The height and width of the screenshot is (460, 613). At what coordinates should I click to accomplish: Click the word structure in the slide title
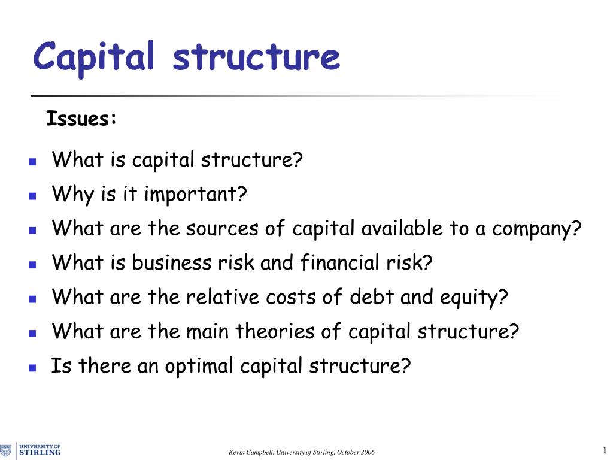click(x=256, y=57)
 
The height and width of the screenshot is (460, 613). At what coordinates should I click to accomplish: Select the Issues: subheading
click(x=81, y=119)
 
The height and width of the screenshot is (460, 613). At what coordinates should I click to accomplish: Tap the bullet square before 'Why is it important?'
click(x=32, y=196)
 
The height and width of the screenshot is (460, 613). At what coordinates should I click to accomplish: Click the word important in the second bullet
click(x=195, y=195)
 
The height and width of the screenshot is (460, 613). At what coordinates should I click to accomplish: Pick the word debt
click(x=373, y=296)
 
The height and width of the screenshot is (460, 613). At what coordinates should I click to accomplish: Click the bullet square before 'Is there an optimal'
click(x=32, y=367)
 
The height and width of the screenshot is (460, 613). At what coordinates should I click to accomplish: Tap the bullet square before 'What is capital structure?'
click(x=32, y=162)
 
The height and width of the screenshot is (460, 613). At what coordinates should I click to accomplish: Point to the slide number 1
click(x=605, y=450)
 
